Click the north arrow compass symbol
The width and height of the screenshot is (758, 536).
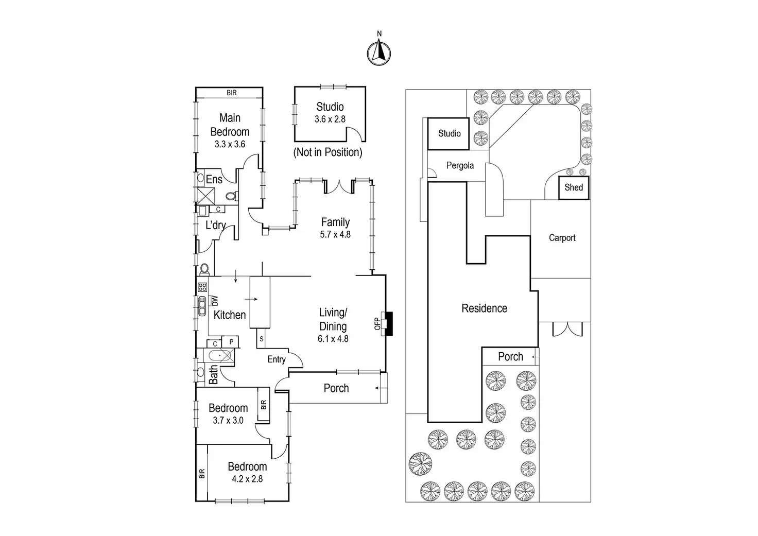(379, 53)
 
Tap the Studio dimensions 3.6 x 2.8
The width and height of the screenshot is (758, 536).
(330, 119)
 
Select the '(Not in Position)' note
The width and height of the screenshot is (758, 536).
(328, 152)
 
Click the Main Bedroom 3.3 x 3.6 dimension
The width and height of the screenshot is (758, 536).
(230, 144)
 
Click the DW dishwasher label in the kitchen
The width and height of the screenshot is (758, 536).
(215, 301)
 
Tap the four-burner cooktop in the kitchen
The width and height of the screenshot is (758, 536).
(202, 287)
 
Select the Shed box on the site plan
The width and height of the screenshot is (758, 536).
(574, 187)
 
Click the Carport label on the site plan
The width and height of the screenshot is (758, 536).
(562, 238)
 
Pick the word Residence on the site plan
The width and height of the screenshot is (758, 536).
(484, 308)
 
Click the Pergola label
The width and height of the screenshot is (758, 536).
(460, 165)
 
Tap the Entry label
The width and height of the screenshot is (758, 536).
(277, 359)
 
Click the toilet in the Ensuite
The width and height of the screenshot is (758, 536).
(231, 196)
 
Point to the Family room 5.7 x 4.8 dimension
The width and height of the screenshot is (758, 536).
(335, 234)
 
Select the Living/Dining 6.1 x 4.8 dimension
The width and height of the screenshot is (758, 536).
(333, 339)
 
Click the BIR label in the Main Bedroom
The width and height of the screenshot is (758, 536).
(231, 93)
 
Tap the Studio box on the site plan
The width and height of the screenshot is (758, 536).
(449, 134)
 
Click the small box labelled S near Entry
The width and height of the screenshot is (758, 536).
(261, 338)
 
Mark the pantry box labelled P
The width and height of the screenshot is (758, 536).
(231, 342)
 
